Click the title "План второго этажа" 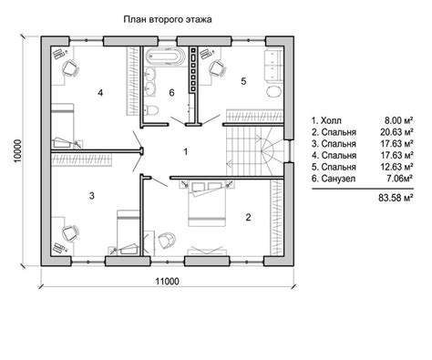click(x=168, y=20)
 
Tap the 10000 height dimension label click(x=18, y=151)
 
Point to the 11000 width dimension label click(x=168, y=282)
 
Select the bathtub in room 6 click(x=165, y=57)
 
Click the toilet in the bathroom click(x=150, y=109)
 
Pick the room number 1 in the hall click(x=186, y=151)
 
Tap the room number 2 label click(x=248, y=217)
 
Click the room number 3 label click(x=92, y=196)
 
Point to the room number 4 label click(x=100, y=93)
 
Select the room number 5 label click(x=243, y=81)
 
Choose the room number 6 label click(x=171, y=93)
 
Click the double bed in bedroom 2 click(x=207, y=203)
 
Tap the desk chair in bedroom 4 click(x=70, y=68)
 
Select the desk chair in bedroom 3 click(x=70, y=233)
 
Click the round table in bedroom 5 click(x=274, y=91)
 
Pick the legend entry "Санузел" click(x=338, y=179)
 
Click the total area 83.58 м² click(x=396, y=198)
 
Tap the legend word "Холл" click(x=331, y=120)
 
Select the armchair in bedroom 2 click(x=167, y=241)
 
